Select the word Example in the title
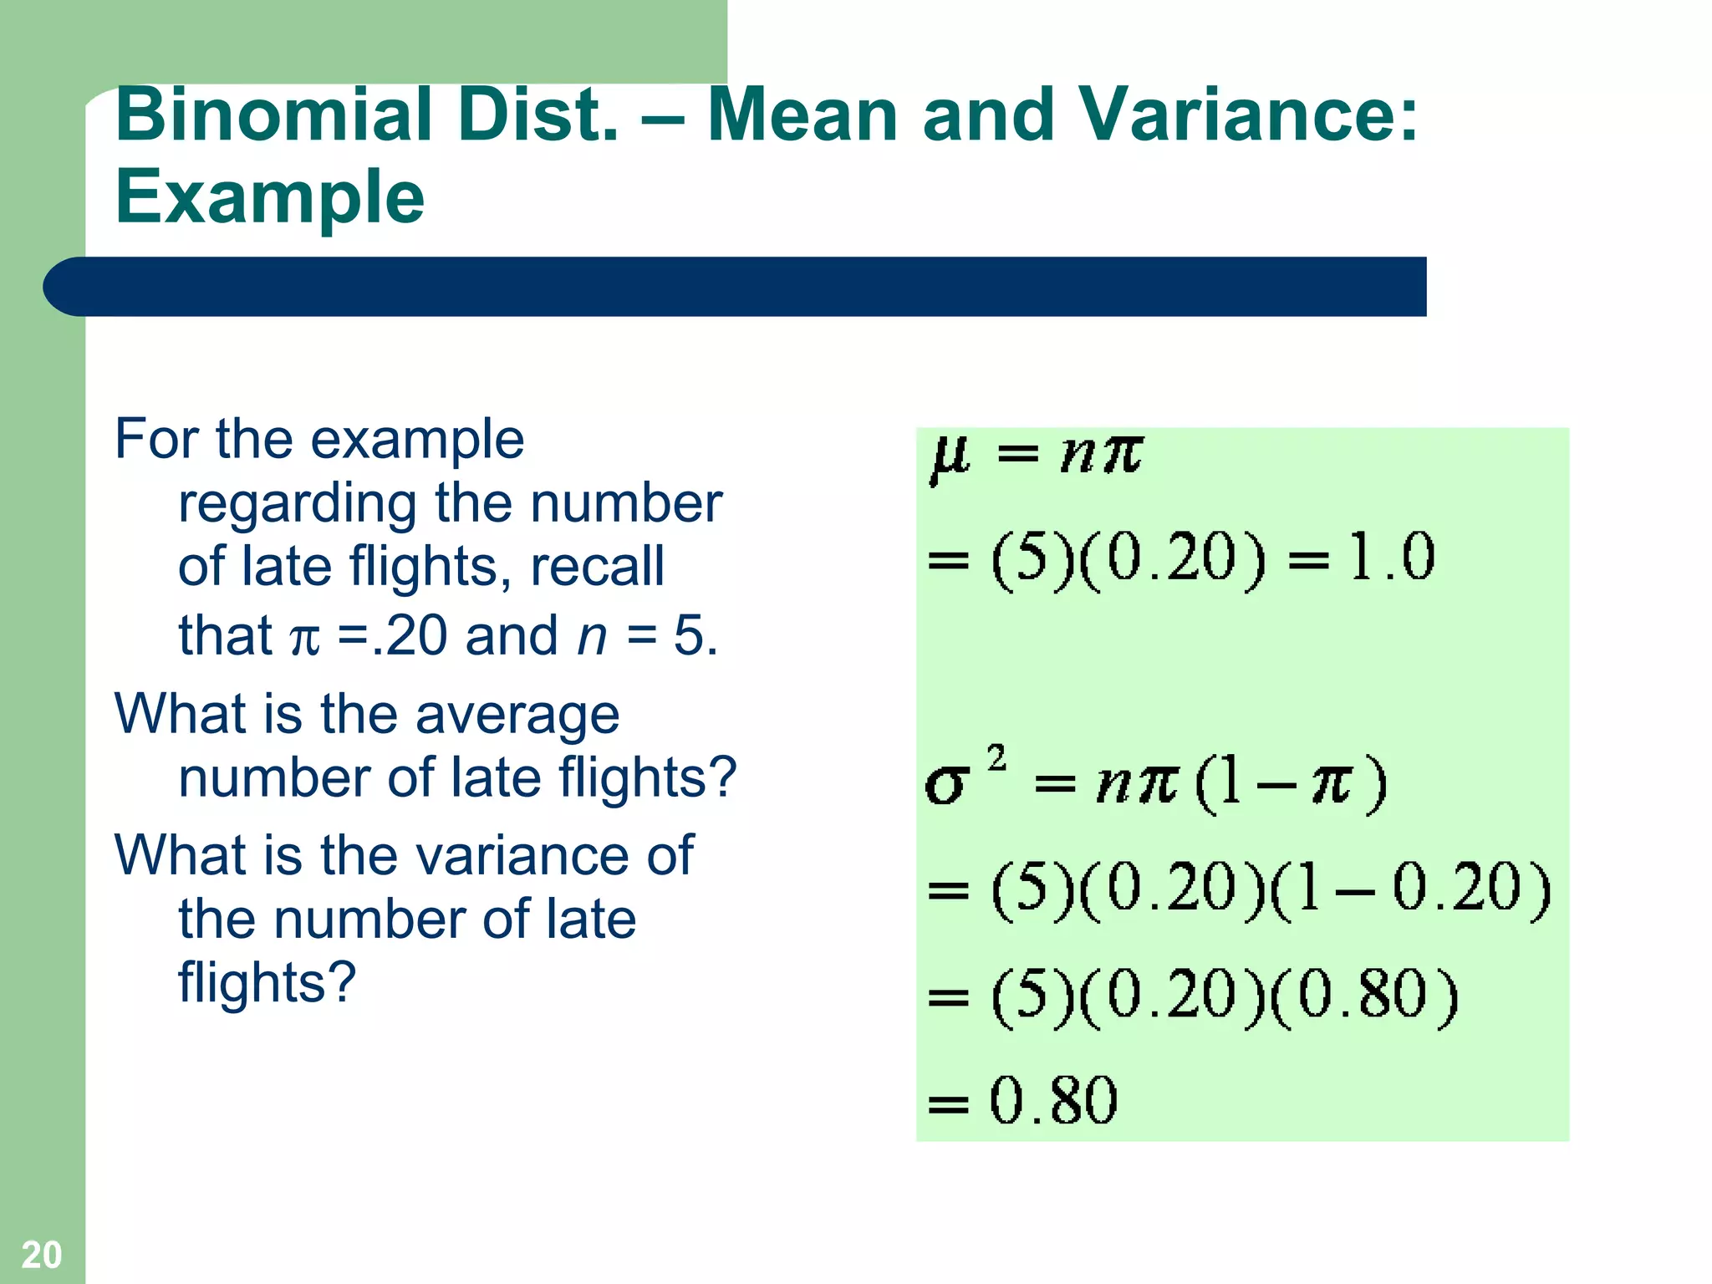(269, 198)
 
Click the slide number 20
(41, 1255)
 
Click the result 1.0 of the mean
(1391, 557)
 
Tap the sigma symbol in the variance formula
(946, 784)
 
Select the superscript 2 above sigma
(996, 757)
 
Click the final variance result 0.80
(1053, 1100)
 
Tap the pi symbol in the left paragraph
(304, 639)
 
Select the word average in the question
(517, 716)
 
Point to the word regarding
(297, 505)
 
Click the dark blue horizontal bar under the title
(736, 287)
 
